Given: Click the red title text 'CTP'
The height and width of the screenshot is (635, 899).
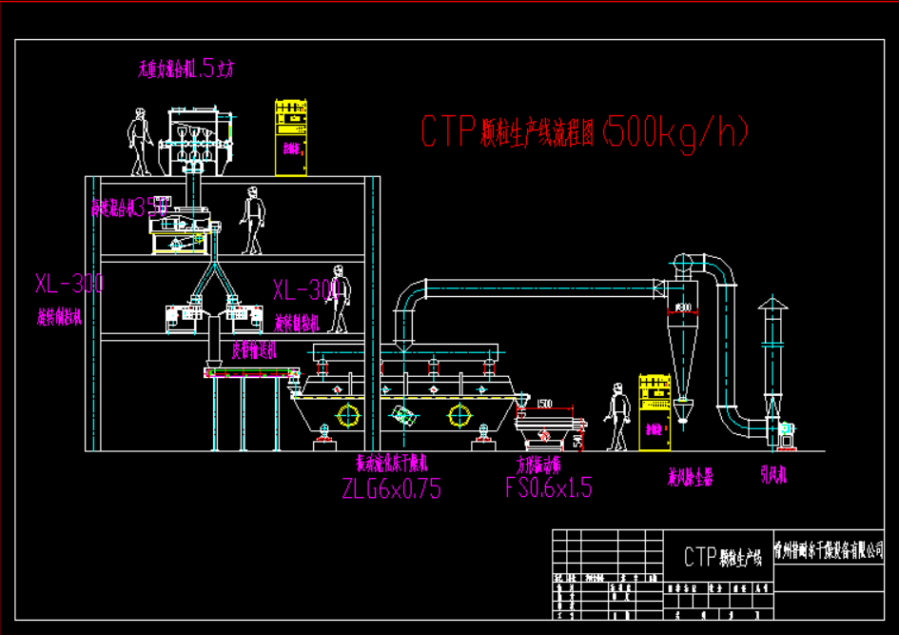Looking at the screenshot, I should [x=448, y=131].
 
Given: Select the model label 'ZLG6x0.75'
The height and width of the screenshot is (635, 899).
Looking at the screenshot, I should [x=391, y=488].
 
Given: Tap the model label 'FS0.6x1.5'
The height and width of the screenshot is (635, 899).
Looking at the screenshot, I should [x=548, y=488].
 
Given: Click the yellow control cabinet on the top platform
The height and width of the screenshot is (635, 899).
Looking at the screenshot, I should [x=291, y=136].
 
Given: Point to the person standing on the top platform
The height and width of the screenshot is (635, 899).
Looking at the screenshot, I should [x=141, y=141].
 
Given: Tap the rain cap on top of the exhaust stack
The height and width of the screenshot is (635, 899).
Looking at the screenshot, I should [x=772, y=305].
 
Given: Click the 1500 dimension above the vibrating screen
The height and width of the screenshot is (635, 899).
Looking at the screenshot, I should [x=544, y=404].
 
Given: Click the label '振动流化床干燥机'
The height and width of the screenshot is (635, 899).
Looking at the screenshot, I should [x=392, y=464].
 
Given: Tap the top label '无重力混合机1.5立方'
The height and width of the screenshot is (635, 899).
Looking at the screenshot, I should [x=186, y=68].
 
